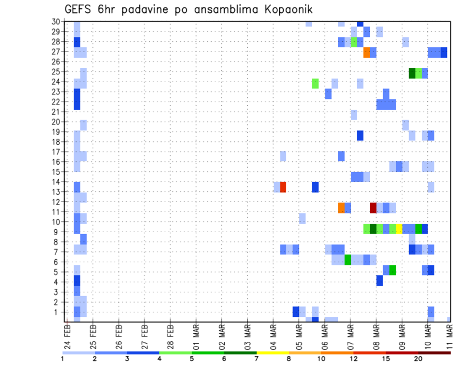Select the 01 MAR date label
tap(197, 335)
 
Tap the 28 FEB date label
tap(171, 335)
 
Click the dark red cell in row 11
tap(373, 208)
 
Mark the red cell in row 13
tap(283, 187)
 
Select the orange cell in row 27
tap(367, 53)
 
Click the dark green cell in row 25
tap(412, 73)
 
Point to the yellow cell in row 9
tap(399, 228)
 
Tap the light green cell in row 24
tap(316, 83)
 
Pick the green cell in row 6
tap(348, 259)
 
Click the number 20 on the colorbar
tap(418, 359)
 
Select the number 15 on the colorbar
tap(386, 359)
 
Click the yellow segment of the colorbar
tap(273, 352)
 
